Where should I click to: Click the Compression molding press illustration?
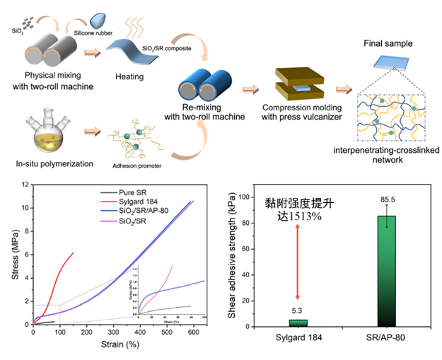click(x=292, y=83)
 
